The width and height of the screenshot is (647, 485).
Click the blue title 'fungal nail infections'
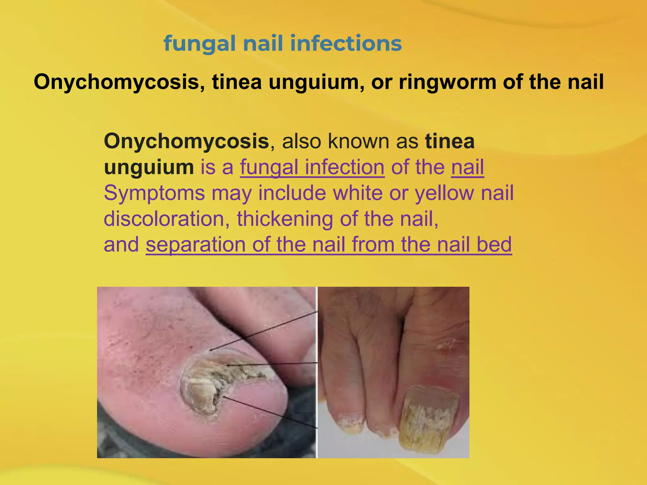tap(282, 44)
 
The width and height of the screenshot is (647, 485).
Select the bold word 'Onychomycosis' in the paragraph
tap(186, 141)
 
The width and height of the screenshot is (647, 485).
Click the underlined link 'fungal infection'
tap(312, 167)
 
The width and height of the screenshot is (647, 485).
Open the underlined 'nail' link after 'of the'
tap(467, 167)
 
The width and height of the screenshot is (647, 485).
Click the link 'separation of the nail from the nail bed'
tap(329, 245)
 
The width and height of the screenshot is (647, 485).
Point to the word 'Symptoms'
tap(154, 193)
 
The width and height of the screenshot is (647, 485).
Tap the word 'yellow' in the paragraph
tap(444, 193)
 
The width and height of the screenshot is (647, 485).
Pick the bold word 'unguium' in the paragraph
tap(149, 167)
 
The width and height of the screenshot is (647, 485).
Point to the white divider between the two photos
tap(317, 373)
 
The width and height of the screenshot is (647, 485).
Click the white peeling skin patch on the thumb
tap(447, 346)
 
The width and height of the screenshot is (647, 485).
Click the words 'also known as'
tap(350, 141)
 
